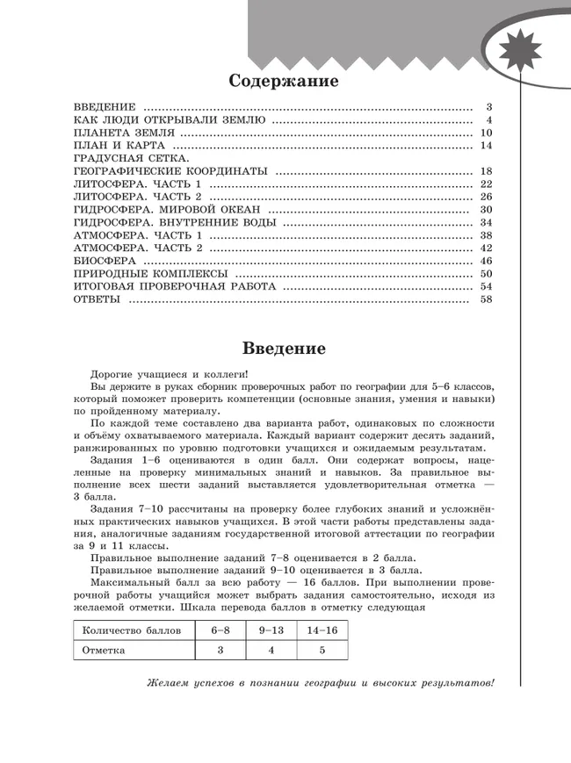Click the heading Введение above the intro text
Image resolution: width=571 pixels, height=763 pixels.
(x=284, y=348)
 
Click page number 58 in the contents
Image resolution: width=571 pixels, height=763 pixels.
(x=488, y=300)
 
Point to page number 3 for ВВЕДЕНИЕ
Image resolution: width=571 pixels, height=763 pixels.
(x=490, y=107)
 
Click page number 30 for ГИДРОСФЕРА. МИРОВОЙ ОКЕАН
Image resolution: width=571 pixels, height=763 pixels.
(x=488, y=210)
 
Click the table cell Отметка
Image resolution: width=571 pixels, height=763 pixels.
(x=104, y=651)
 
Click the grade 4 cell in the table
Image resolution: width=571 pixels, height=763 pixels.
(x=271, y=651)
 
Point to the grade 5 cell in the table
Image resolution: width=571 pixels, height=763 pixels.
(x=322, y=651)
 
